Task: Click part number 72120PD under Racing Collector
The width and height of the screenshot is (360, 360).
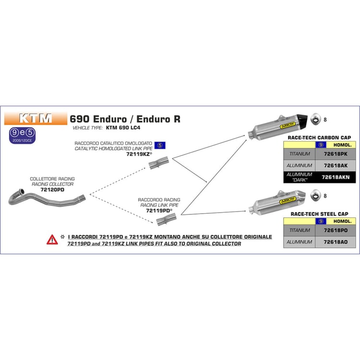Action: (x=53, y=190)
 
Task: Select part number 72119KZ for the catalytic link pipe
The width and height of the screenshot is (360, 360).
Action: (x=138, y=155)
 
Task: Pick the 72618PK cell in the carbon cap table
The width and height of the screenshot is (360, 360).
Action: (x=336, y=154)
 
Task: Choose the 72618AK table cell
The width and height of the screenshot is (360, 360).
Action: (x=336, y=166)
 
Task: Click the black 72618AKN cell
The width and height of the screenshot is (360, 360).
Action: (x=336, y=177)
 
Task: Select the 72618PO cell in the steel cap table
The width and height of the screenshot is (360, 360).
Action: (x=336, y=230)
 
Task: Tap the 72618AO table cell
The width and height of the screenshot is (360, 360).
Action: (x=336, y=243)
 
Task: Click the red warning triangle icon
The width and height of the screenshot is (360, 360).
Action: (x=52, y=240)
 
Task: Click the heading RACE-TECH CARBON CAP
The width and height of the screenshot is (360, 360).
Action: (x=318, y=137)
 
